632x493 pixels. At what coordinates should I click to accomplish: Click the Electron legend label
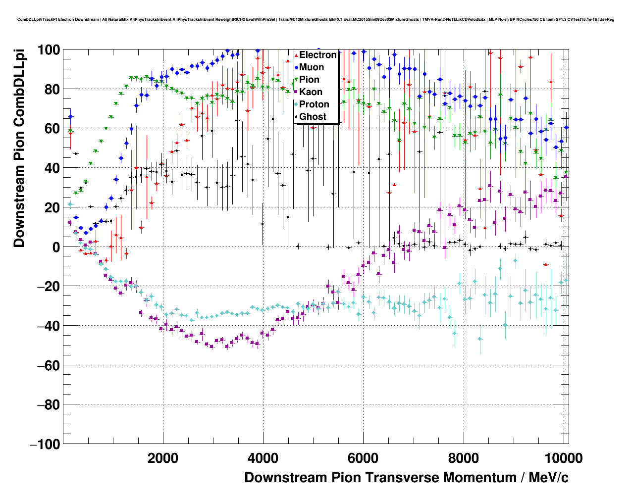coord(318,55)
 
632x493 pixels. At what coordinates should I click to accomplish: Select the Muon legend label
coord(312,67)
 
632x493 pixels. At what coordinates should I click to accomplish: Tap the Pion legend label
coord(309,80)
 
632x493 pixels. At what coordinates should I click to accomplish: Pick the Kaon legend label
coord(311,92)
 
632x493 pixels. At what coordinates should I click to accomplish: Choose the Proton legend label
coord(314,104)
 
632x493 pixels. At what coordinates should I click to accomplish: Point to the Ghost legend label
coord(313,117)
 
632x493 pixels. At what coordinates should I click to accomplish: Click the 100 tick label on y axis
coord(49,50)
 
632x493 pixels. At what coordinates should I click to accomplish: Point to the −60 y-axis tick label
coord(48,365)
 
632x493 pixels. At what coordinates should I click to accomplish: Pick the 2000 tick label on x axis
coord(163,458)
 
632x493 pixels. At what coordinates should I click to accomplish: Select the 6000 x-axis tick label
coord(363,458)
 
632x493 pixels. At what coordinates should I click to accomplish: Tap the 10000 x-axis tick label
coord(560,458)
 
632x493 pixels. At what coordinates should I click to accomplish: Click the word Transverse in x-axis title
coord(402,478)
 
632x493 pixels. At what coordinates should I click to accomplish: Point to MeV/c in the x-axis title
coord(548,478)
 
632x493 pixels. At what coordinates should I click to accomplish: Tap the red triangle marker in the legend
coord(296,55)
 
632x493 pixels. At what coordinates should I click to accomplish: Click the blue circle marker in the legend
coord(296,67)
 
